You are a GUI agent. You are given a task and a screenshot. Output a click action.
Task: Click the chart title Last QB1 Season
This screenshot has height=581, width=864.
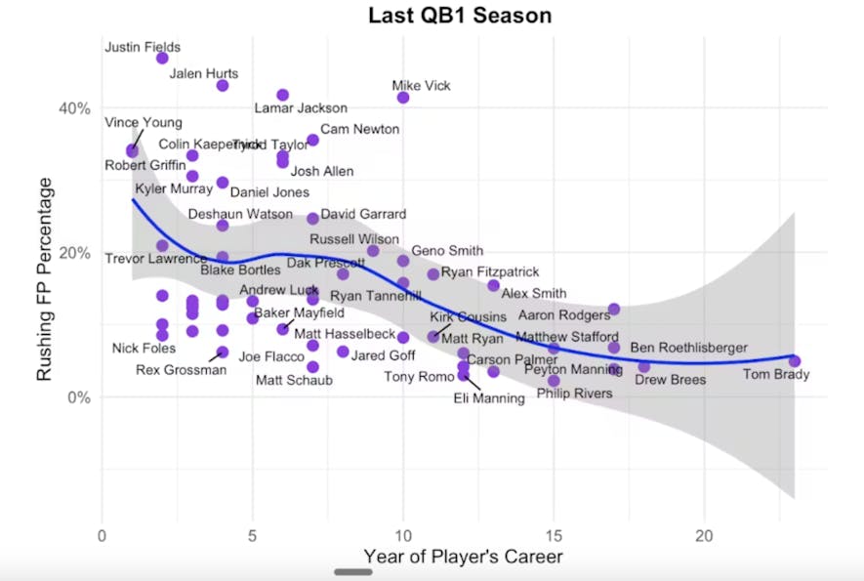tap(460, 16)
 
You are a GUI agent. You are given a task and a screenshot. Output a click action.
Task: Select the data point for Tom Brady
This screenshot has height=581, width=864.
tap(795, 361)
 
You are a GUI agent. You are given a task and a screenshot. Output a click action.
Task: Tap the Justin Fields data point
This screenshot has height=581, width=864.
tap(162, 59)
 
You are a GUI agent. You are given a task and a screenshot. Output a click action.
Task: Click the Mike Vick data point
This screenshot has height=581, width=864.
tap(403, 98)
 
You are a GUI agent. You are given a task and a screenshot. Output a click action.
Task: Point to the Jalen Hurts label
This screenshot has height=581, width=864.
tap(203, 73)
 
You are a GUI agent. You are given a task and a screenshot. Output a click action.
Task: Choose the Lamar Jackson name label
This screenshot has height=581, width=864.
tap(300, 108)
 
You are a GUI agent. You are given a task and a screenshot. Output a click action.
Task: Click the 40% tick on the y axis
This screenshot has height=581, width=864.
tap(77, 107)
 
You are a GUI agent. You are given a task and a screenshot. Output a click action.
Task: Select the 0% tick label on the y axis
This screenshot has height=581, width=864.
tap(81, 397)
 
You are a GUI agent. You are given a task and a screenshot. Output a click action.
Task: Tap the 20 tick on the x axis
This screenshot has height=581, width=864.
tap(703, 535)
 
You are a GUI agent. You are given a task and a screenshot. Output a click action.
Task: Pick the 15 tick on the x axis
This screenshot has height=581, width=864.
tap(554, 535)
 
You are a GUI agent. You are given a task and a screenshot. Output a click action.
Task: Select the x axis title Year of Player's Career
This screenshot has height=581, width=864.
tap(463, 557)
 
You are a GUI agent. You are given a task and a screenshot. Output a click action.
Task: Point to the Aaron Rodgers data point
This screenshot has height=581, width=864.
tap(614, 310)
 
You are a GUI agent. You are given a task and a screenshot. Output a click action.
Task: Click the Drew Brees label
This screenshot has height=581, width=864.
tap(670, 380)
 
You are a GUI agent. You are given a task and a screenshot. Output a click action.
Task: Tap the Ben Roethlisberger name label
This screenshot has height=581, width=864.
tap(688, 348)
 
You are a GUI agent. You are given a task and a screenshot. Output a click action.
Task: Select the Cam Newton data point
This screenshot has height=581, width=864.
tap(312, 141)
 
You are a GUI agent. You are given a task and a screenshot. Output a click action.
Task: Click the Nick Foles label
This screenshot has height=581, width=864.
tap(144, 349)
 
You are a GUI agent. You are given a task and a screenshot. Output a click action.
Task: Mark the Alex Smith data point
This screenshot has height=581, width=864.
tap(494, 286)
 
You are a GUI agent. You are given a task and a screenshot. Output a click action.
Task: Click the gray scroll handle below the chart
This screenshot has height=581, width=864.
tap(353, 571)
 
